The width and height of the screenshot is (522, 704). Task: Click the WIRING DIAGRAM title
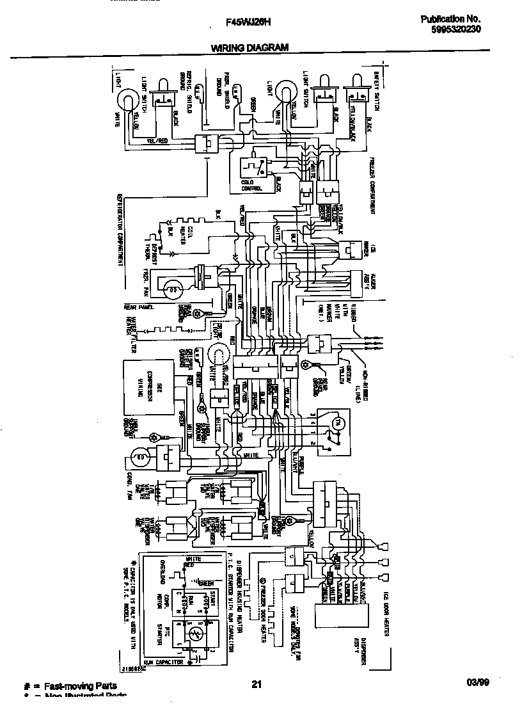249,47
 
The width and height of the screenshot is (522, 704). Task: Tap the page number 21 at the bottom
257,684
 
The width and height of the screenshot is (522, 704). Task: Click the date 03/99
478,684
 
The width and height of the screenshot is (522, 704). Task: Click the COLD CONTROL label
248,186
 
